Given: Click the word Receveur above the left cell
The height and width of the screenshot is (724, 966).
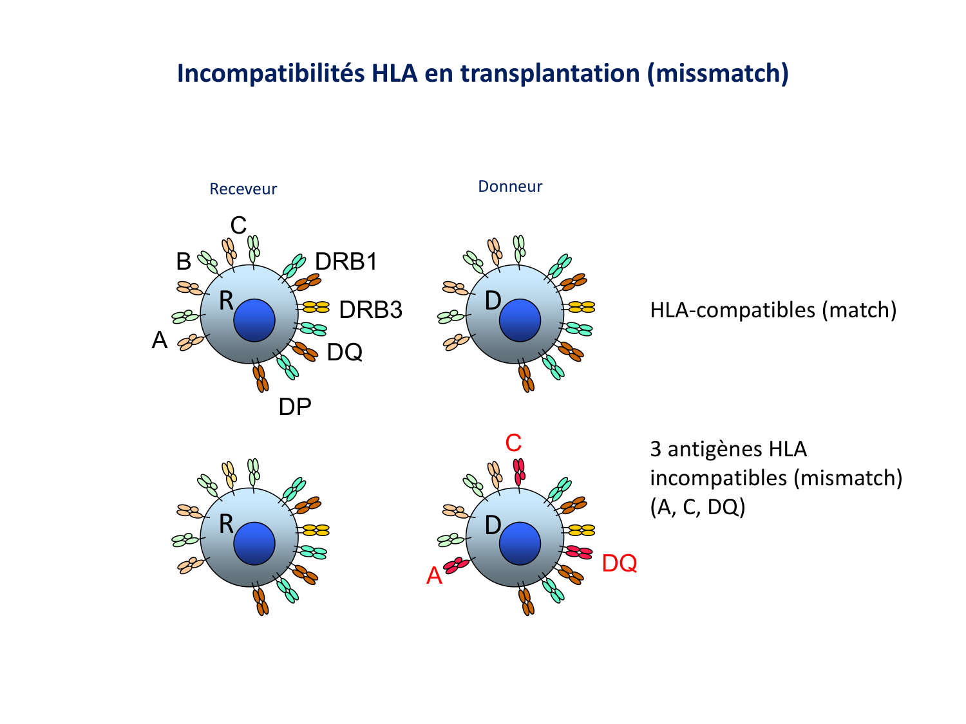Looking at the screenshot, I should coord(243,189).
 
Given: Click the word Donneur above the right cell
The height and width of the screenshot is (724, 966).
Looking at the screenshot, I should coord(510,186).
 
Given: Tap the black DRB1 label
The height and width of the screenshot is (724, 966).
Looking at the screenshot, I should coord(346,261).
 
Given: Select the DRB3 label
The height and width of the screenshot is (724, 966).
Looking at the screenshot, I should coord(370,310).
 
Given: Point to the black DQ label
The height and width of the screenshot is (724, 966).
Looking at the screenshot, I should coord(345,352).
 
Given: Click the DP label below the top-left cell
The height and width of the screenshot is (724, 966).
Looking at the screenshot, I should coord(295,407).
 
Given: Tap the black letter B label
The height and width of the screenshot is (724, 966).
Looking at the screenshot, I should coord(184,262).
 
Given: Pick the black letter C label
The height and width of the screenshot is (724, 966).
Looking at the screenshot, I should coord(238,225).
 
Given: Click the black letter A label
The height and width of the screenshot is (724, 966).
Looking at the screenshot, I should coord(160,340).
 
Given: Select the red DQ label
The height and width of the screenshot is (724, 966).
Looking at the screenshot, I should coord(619,563).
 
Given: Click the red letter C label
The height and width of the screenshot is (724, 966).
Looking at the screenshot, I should coord(513,443).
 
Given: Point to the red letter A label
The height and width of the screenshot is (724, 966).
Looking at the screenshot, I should coord(435,575).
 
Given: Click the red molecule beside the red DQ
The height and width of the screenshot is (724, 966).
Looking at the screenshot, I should coord(579,552).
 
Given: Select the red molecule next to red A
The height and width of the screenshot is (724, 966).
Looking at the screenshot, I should coord(456,565).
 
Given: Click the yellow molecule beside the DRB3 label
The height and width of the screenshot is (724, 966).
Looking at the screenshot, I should coord(316,307).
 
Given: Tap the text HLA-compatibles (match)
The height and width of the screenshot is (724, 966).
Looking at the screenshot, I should coord(773,310).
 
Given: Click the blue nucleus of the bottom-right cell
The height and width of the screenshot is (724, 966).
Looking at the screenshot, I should coord(520,543).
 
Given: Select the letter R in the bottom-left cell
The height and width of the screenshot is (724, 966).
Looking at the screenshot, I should coord(226,524).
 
